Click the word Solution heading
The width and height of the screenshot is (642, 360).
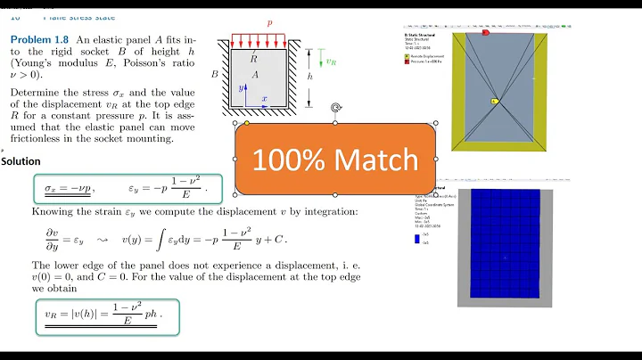point(21,161)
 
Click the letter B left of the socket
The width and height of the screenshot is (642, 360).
point(214,75)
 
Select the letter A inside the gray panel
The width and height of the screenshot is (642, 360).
point(255,75)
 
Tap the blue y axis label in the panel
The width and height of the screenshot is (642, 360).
point(241,88)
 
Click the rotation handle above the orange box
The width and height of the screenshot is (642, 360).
point(335,108)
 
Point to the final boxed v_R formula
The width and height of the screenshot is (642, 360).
point(106,315)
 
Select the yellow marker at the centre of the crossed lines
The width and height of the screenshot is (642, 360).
point(493,102)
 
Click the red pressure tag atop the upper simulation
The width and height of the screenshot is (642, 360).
point(486,32)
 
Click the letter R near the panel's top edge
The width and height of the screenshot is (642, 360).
point(254,57)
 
